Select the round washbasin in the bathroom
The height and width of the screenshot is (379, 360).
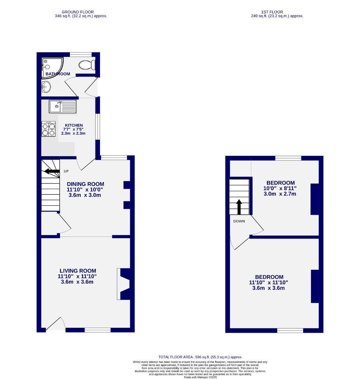tap(46, 86)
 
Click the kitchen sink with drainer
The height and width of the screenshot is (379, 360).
tap(62, 106)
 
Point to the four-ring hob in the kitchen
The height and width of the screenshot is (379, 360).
tap(49, 129)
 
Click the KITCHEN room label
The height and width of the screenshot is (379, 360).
tap(73, 125)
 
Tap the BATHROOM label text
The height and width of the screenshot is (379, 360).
tap(58, 74)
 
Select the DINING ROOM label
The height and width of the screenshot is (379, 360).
tap(85, 184)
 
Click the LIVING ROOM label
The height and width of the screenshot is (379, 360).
tap(78, 271)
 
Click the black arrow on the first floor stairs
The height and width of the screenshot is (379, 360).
tap(239, 207)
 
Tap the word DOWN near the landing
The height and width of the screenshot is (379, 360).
tap(239, 221)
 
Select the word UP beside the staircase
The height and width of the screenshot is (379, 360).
tap(66, 171)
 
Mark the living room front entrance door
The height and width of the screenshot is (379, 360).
tap(55, 325)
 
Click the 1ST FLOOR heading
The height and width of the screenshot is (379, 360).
tap(272, 12)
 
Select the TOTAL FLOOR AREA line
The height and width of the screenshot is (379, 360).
tap(200, 357)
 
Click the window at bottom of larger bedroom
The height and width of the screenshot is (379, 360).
tap(290, 331)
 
